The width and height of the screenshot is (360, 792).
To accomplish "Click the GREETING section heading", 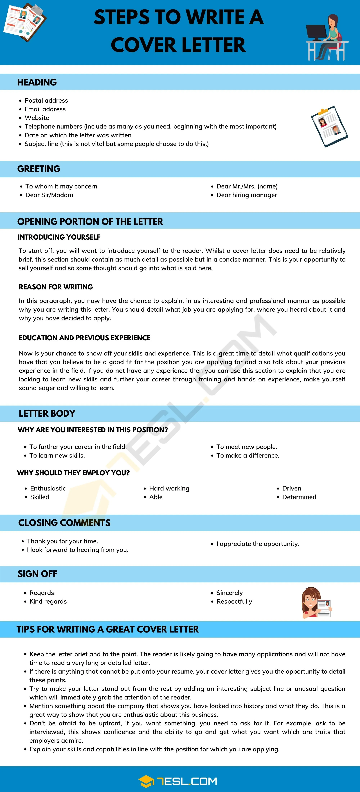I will click(39, 169).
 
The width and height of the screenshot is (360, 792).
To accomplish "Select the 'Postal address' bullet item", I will click(46, 101).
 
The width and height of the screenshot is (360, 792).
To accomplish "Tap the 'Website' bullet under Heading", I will click(37, 118).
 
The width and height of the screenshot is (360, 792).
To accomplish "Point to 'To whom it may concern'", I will click(61, 186).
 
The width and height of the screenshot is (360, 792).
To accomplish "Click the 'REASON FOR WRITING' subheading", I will click(56, 287).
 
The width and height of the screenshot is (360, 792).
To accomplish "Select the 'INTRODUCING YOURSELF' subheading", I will click(59, 237).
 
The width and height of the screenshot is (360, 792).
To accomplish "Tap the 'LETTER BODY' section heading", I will click(47, 413).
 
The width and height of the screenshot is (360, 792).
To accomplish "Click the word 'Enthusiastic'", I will click(48, 488).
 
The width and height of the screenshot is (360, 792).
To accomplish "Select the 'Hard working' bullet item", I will click(169, 488).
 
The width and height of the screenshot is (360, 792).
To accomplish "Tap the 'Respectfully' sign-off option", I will click(234, 601).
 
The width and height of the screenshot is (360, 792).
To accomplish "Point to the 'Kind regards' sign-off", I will click(48, 601).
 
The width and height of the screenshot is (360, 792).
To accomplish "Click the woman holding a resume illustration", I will click(315, 603).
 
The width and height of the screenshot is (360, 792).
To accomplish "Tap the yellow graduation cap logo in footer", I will click(146, 782).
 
